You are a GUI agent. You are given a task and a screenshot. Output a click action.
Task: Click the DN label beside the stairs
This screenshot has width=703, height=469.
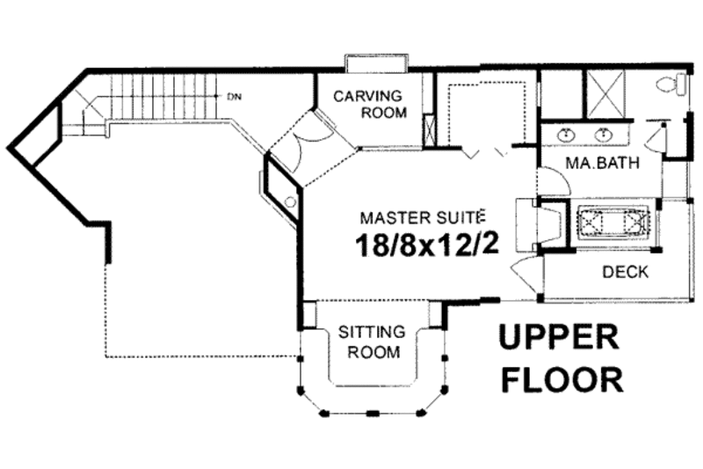coord(234,96)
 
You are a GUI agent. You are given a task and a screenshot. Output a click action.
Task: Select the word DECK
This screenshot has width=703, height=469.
coord(625,272)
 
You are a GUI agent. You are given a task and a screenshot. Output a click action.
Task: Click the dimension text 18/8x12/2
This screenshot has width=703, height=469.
coord(428,245)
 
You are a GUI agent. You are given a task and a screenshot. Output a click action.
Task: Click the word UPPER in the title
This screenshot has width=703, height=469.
coord(560,338)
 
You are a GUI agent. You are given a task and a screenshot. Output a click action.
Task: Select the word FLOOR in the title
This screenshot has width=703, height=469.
coord(562,379)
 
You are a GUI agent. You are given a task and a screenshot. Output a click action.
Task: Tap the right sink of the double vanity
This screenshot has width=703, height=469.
coord(605,134)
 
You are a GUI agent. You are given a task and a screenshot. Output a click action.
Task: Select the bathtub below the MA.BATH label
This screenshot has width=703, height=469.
coord(612,221)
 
